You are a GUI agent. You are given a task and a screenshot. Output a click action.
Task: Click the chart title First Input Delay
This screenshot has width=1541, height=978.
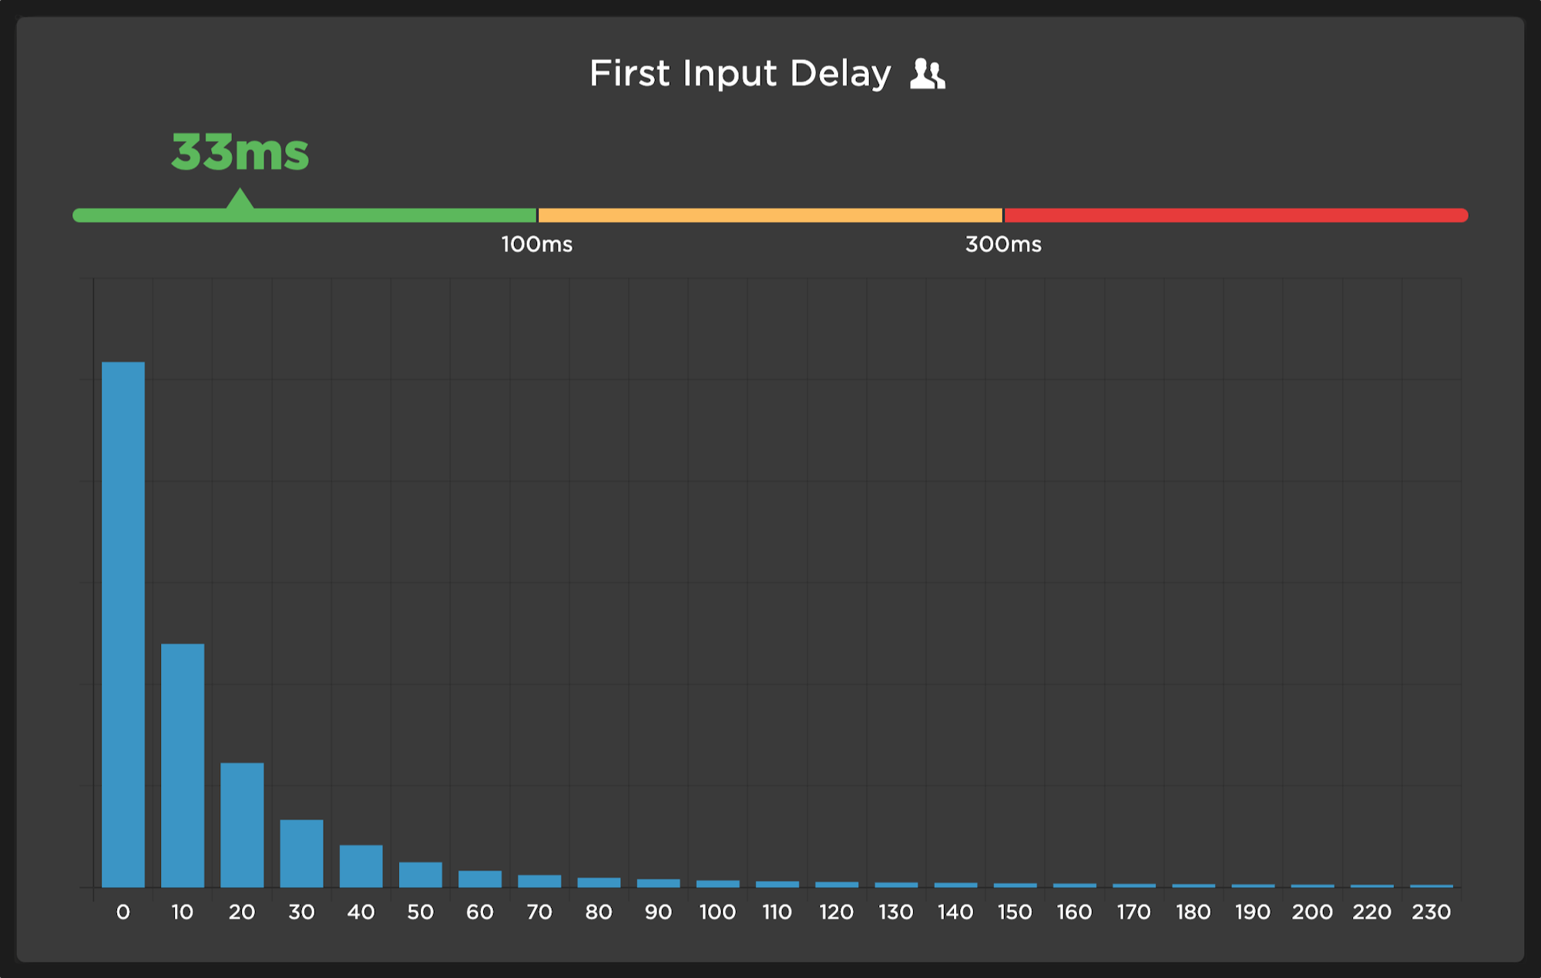740,74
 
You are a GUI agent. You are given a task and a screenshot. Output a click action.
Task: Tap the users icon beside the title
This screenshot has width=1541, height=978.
927,74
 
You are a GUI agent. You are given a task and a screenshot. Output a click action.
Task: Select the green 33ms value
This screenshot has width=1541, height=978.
240,152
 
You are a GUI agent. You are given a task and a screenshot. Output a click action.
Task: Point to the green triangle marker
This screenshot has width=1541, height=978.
240,200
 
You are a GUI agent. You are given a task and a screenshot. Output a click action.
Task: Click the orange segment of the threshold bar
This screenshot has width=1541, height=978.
770,215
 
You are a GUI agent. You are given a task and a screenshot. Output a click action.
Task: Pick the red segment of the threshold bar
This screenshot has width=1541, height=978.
1235,215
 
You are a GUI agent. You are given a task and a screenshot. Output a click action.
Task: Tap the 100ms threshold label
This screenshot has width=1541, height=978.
537,245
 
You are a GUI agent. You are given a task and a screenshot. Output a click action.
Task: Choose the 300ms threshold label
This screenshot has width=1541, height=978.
1003,245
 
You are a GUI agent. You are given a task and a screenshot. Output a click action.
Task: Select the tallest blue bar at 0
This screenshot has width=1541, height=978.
123,624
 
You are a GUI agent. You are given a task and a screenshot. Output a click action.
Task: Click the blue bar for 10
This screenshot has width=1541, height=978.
183,765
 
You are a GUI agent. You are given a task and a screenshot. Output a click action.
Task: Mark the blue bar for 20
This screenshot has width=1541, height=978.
242,825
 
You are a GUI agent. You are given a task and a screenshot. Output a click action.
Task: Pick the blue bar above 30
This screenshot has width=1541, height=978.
301,853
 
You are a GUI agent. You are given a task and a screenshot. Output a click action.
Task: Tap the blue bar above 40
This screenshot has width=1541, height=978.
361,866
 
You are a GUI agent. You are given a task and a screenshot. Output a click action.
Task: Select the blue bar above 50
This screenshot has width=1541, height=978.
421,875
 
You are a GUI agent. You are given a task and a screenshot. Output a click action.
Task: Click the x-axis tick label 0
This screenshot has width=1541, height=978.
123,912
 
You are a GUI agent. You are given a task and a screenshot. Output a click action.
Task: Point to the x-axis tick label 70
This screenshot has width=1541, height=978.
539,912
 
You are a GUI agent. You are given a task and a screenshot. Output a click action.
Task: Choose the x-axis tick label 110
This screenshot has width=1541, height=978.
777,912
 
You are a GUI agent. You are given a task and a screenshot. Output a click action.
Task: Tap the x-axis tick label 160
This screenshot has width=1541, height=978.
1074,912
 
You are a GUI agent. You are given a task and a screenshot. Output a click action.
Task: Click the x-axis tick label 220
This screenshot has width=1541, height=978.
1371,912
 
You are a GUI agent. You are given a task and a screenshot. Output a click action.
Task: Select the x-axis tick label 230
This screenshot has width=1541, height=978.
1431,912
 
